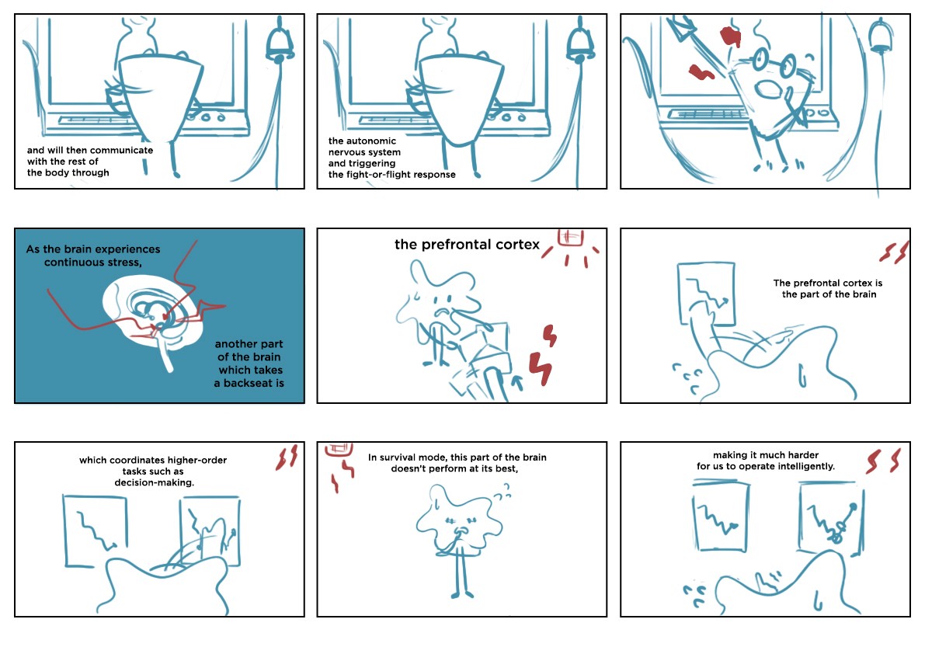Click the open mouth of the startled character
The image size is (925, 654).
770,89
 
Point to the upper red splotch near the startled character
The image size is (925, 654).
729,37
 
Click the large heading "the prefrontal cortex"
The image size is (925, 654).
467,245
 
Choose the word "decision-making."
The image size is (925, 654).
149,482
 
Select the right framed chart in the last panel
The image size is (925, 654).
830,514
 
